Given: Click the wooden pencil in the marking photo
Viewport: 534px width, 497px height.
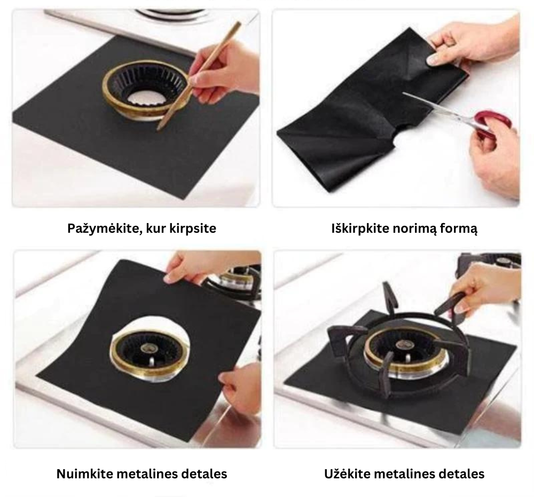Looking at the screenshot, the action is pyautogui.click(x=199, y=76).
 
